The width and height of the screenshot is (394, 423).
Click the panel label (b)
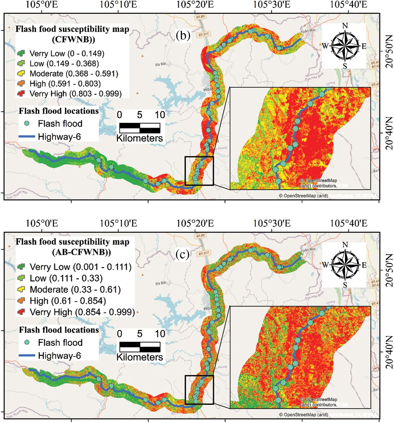point(183,35)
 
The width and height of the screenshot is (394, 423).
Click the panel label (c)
point(183,254)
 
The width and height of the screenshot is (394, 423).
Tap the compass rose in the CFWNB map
point(344,46)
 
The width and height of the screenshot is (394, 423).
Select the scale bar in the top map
point(140,128)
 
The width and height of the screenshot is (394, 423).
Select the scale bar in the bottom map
point(140,347)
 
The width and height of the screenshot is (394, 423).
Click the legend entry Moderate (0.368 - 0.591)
point(73,74)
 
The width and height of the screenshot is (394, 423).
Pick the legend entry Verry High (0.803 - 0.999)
point(75,94)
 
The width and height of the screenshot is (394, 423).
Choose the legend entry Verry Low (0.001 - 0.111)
point(80,267)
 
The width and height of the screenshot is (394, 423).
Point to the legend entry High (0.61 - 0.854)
point(67,301)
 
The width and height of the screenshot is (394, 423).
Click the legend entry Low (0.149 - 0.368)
point(64,64)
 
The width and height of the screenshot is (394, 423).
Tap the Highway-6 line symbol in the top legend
point(27,137)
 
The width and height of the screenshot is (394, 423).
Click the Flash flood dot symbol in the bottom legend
point(27,342)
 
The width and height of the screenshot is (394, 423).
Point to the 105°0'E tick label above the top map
point(41,4)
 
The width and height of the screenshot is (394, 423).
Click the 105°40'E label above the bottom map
point(348,224)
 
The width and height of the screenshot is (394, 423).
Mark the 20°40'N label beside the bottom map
point(389,352)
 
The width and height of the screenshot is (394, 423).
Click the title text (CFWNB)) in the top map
point(73,40)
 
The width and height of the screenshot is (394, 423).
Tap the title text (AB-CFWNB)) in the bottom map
point(81,252)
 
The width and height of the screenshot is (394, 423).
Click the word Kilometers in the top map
point(140,138)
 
